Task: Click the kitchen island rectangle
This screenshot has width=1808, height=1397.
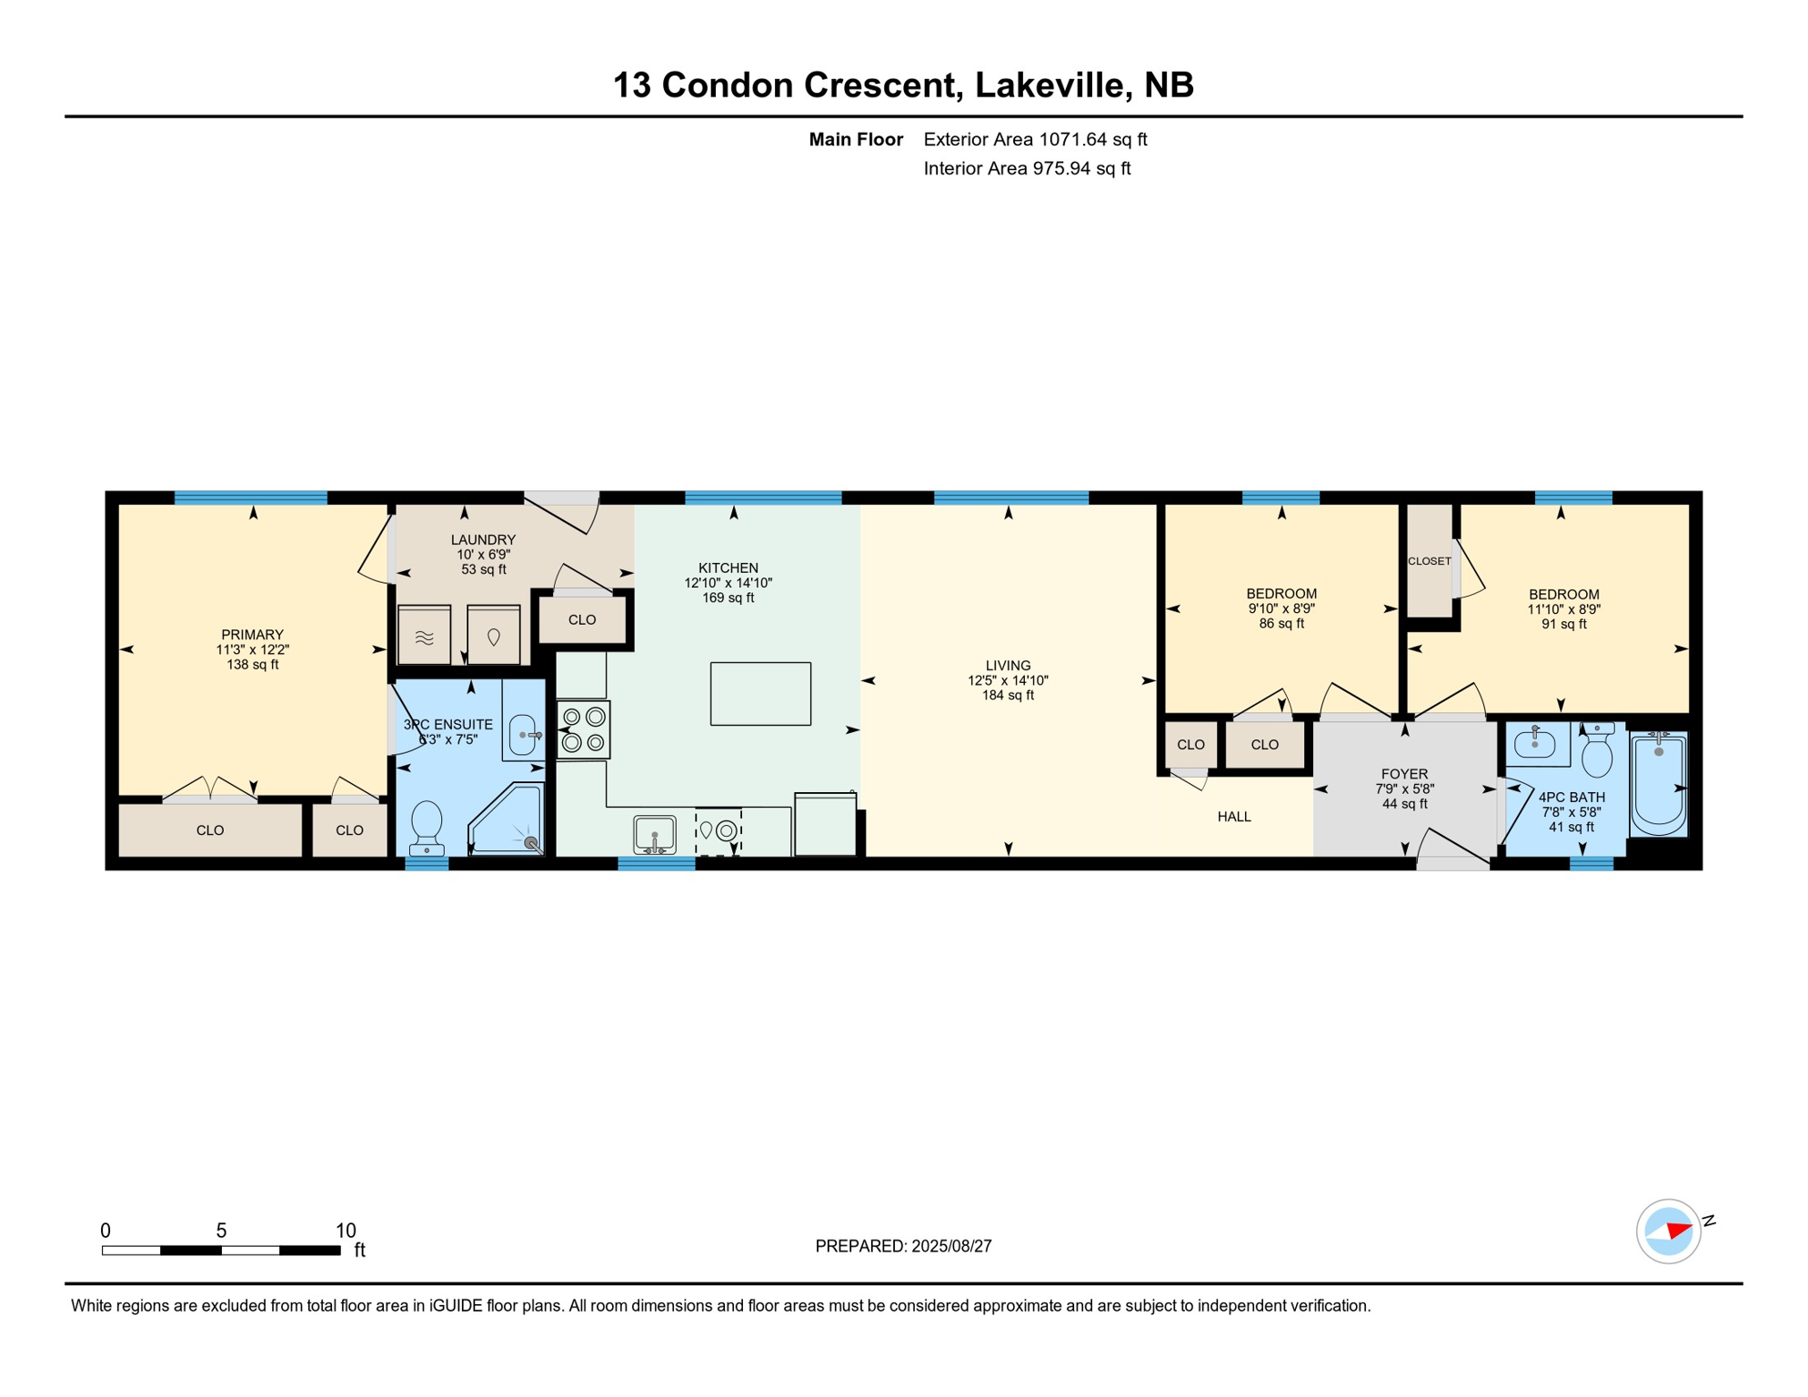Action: pos(760,694)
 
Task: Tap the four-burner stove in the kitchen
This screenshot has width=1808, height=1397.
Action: pos(583,729)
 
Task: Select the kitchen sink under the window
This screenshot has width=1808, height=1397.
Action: pos(655,835)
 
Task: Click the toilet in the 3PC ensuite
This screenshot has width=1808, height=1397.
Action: pos(427,829)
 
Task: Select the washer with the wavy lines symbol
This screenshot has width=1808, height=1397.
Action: pos(425,635)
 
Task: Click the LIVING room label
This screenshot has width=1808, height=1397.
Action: pos(1008,666)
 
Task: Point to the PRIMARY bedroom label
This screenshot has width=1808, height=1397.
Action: pos(253,635)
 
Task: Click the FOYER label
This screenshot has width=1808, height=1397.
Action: pos(1404,774)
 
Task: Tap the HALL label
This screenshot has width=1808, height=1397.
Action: pos(1234,817)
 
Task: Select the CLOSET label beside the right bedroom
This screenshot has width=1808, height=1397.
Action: pos(1430,561)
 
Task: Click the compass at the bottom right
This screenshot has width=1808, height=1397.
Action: pos(1669,1231)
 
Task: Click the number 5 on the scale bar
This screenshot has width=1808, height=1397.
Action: pos(221,1231)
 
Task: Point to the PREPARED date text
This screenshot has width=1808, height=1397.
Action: pos(903,1246)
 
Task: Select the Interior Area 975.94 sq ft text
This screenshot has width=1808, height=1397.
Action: pos(1027,168)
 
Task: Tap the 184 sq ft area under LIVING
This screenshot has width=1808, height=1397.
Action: pos(1008,696)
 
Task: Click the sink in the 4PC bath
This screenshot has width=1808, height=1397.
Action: pos(1536,745)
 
